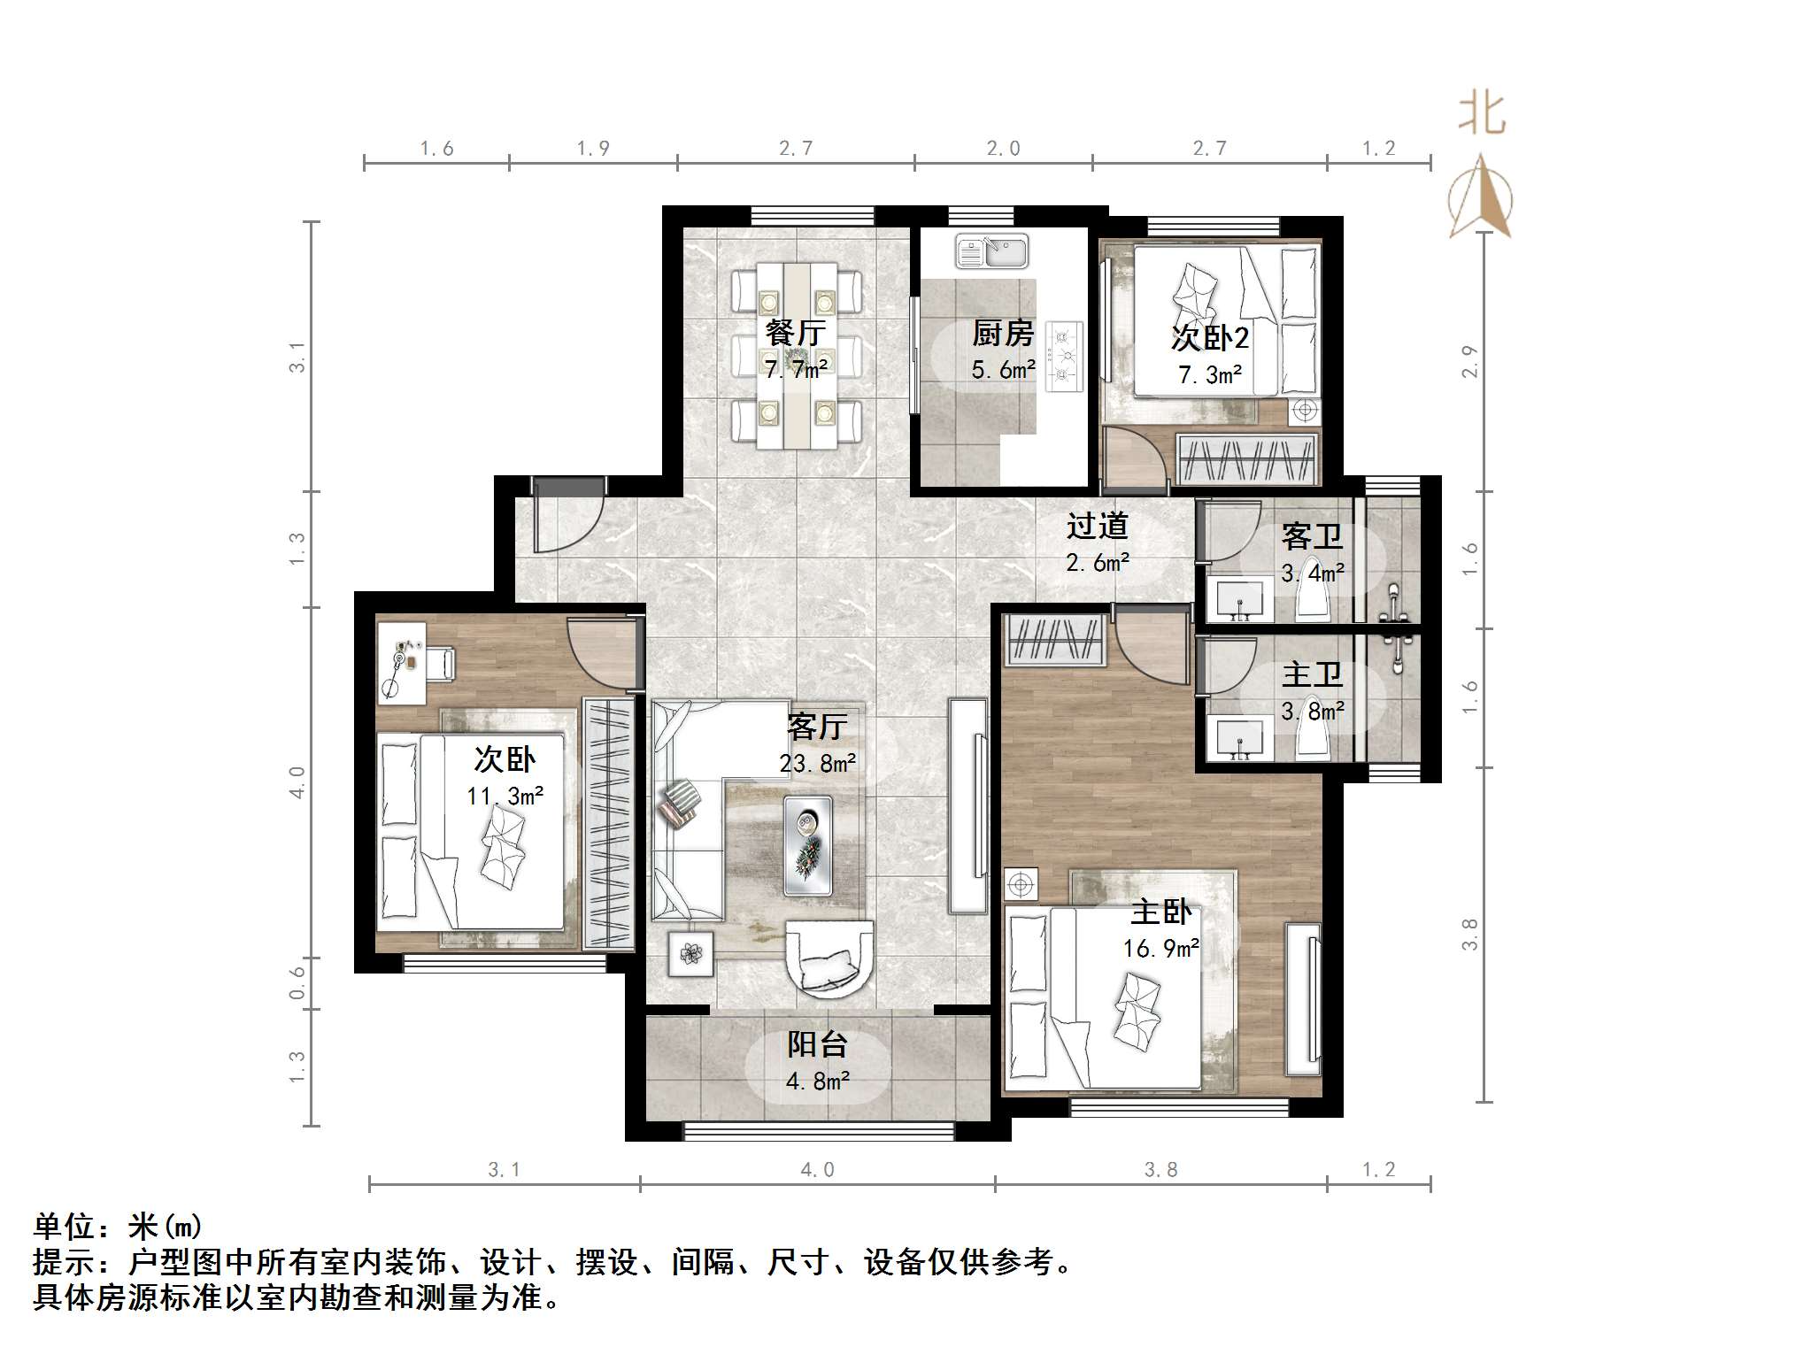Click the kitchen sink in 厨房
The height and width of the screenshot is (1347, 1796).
point(991,251)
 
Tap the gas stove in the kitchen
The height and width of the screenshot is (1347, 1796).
point(1064,357)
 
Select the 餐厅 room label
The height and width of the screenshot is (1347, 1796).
point(796,333)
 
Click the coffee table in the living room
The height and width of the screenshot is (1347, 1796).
point(807,846)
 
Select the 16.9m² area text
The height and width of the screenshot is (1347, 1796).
point(1160,949)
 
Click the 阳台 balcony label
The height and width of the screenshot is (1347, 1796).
point(817,1044)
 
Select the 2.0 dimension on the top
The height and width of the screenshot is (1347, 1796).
point(1003,149)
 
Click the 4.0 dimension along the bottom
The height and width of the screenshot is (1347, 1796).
point(817,1170)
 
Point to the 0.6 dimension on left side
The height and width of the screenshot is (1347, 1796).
point(297,982)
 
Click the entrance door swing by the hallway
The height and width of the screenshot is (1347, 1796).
point(567,518)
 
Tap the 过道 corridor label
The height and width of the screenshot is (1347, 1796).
point(1097,526)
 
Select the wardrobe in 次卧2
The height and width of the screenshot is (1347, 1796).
point(1246,459)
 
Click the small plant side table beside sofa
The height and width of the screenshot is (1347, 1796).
point(690,953)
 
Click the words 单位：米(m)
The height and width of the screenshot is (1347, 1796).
point(119,1227)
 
